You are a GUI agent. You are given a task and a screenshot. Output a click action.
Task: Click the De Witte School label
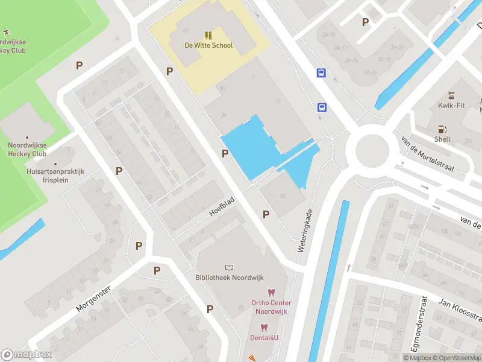pyautogui.click(x=208, y=45)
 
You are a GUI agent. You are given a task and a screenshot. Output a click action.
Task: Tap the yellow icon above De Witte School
pyautogui.click(x=208, y=35)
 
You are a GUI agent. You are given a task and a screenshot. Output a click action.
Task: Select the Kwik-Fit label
pyautogui.click(x=450, y=106)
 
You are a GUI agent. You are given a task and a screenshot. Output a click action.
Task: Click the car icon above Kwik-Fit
pyautogui.click(x=451, y=95)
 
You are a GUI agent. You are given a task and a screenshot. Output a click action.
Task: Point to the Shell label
pyautogui.click(x=442, y=139)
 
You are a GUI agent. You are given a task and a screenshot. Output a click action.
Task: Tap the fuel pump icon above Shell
pyautogui.click(x=442, y=129)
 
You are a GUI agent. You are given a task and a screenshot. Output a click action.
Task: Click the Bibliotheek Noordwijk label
pyautogui.click(x=228, y=278)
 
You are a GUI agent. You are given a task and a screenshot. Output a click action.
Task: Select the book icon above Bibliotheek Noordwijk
pyautogui.click(x=228, y=267)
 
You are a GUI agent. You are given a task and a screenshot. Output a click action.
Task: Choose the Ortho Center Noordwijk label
pyautogui.click(x=271, y=306)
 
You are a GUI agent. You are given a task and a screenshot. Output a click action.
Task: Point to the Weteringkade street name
pyautogui.click(x=305, y=230)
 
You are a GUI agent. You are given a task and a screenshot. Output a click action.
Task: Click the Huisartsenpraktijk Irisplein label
pyautogui.click(x=56, y=176)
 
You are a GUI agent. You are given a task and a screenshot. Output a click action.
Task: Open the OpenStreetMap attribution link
pyautogui.click(x=455, y=358)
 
